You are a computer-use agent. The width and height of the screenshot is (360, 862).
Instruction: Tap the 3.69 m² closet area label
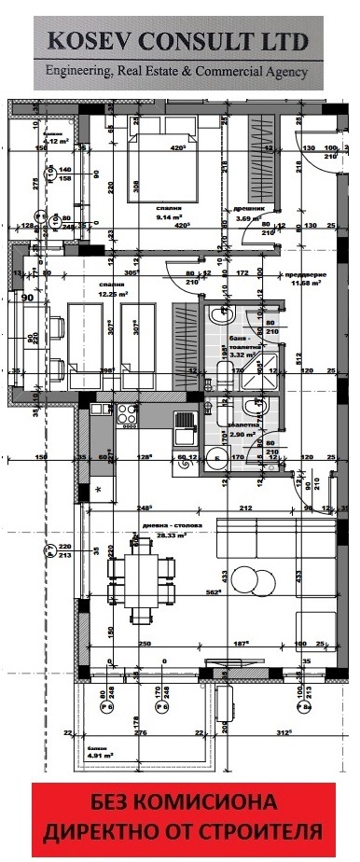pos(248,218)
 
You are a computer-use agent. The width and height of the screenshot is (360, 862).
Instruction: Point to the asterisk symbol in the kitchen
pos(98,489)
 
